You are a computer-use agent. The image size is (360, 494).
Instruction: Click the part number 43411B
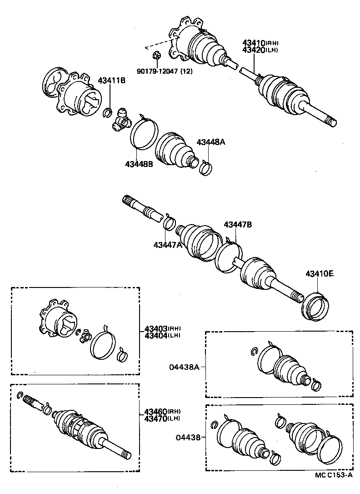(x=111, y=81)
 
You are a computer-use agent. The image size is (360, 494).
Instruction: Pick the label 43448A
(x=211, y=142)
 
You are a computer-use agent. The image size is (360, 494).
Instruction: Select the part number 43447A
(x=167, y=245)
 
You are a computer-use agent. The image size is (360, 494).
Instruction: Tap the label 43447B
(x=237, y=225)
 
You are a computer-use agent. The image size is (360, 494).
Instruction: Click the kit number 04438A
(x=185, y=366)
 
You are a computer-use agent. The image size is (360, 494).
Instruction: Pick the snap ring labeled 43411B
(x=109, y=112)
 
